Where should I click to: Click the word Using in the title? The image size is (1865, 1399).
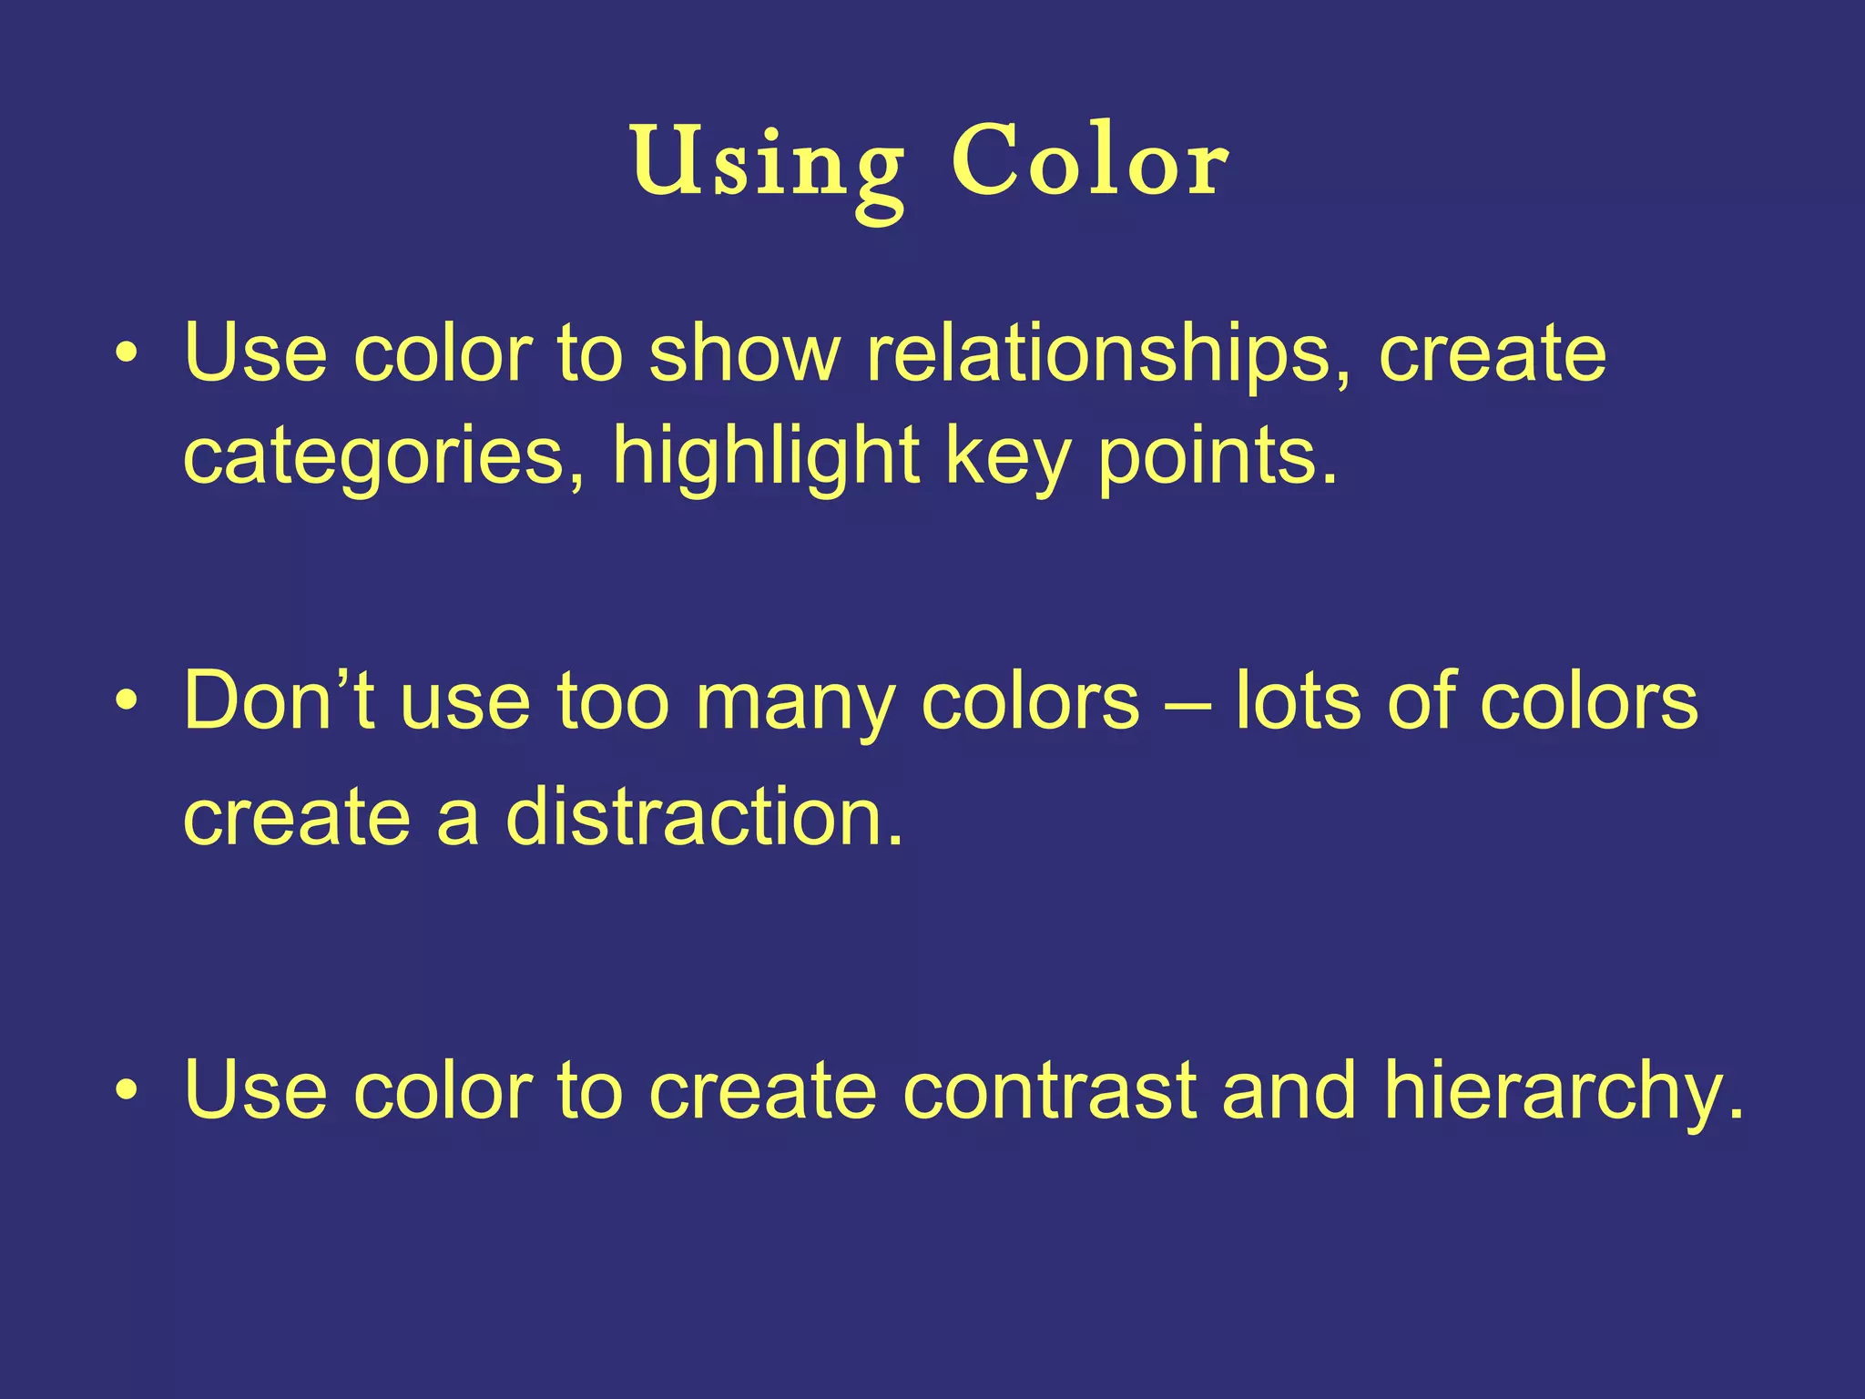[x=767, y=164]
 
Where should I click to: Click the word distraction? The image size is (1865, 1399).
[x=705, y=816]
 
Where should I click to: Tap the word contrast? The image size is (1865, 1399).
[x=1048, y=1089]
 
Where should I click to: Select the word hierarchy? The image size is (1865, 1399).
[x=1563, y=1091]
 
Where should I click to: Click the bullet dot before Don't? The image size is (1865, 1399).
[x=127, y=702]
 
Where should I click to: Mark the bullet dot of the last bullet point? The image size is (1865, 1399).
[x=127, y=1090]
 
